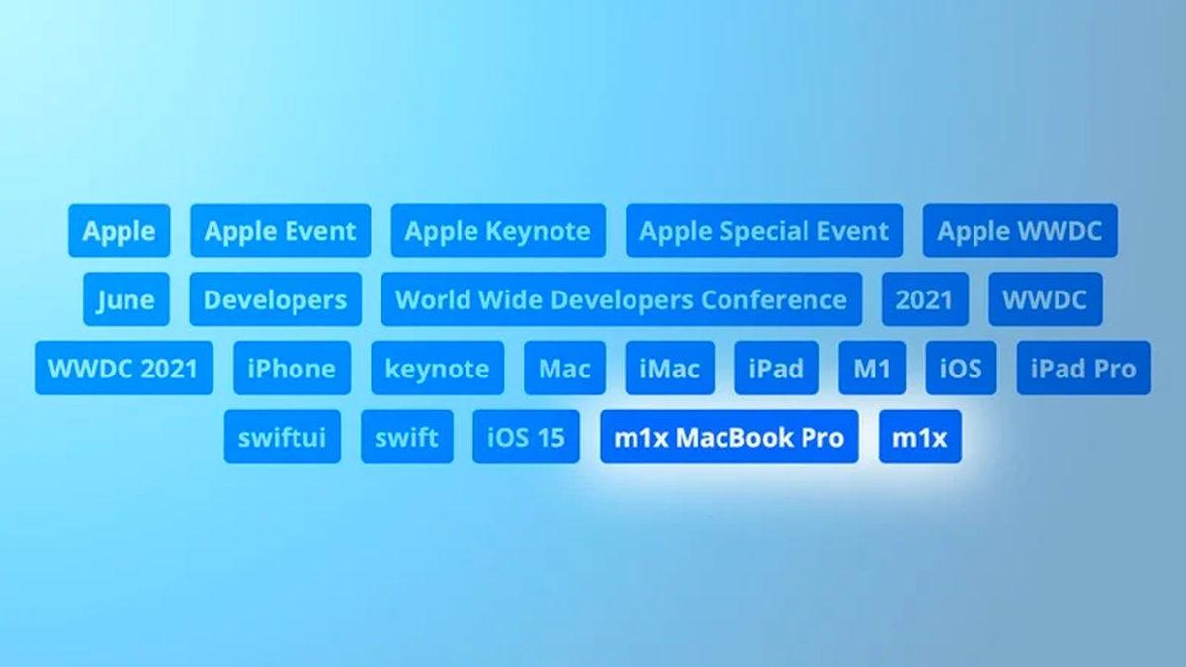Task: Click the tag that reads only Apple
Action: [x=119, y=231]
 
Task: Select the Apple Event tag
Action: [x=280, y=231]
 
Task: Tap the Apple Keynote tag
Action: [x=498, y=231]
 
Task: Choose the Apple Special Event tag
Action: [x=764, y=231]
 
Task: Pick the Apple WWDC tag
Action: [x=1020, y=231]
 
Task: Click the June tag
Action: [x=126, y=299]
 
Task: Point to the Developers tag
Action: [x=275, y=299]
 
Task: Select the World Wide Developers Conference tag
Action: [x=621, y=299]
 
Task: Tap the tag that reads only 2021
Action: [x=924, y=299]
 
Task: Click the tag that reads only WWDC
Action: [x=1045, y=299]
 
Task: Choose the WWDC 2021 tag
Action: [x=124, y=369]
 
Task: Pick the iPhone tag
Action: [x=292, y=369]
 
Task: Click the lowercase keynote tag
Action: [x=437, y=369]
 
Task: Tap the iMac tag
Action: [x=669, y=369]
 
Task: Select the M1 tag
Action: [x=872, y=369]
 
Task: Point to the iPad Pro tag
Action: [x=1083, y=369]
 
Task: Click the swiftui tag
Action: [x=282, y=437]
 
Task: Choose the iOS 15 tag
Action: [x=526, y=437]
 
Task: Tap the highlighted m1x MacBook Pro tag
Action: [x=728, y=437]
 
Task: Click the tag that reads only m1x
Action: [x=919, y=437]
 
